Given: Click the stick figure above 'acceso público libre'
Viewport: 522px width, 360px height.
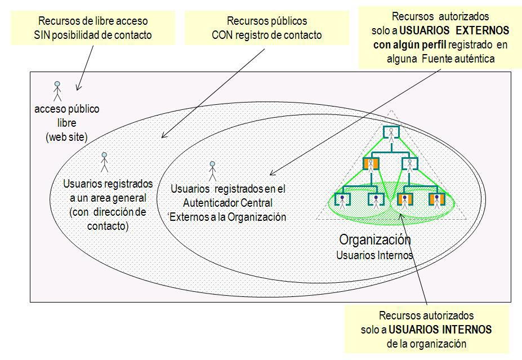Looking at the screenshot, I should pyautogui.click(x=57, y=91).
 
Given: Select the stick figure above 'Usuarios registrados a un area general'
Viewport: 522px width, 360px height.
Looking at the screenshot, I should pyautogui.click(x=104, y=162).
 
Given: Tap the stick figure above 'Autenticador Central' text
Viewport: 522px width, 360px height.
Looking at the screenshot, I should pyautogui.click(x=212, y=171).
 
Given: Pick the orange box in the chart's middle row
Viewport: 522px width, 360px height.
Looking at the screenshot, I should pyautogui.click(x=371, y=164).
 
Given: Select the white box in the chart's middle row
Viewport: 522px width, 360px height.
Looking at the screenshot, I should pyautogui.click(x=409, y=164).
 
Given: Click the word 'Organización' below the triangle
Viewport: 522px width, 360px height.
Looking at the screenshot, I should pyautogui.click(x=374, y=239).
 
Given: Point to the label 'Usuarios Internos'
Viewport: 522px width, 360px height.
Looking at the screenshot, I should pyautogui.click(x=374, y=255).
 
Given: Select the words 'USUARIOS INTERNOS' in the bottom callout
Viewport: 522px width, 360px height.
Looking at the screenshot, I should pyautogui.click(x=448, y=329).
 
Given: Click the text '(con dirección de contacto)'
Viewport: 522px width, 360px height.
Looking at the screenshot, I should pyautogui.click(x=108, y=219).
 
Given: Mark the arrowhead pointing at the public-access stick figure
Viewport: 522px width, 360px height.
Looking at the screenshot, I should pyautogui.click(x=78, y=88).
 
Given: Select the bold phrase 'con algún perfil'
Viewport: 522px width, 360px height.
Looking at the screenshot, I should pyautogui.click(x=407, y=44).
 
